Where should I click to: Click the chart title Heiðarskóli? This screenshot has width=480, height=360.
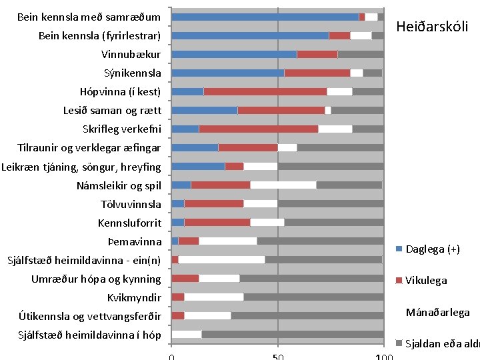click(432, 27)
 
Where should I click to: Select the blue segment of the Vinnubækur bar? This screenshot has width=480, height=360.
click(234, 54)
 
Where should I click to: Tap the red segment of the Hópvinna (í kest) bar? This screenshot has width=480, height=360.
click(265, 91)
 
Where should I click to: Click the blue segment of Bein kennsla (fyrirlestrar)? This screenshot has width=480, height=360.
click(250, 35)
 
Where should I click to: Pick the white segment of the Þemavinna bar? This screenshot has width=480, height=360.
click(228, 241)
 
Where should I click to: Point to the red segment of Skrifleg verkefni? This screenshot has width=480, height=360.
click(258, 129)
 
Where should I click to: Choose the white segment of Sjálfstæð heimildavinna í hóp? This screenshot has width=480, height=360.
click(187, 334)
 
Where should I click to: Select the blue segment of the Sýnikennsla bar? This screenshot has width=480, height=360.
click(227, 73)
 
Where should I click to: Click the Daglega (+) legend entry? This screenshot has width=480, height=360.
click(433, 249)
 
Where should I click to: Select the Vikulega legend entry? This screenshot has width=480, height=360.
click(426, 281)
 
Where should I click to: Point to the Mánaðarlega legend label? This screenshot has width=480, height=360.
click(438, 312)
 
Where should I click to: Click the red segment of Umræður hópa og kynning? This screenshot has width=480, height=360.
click(185, 278)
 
